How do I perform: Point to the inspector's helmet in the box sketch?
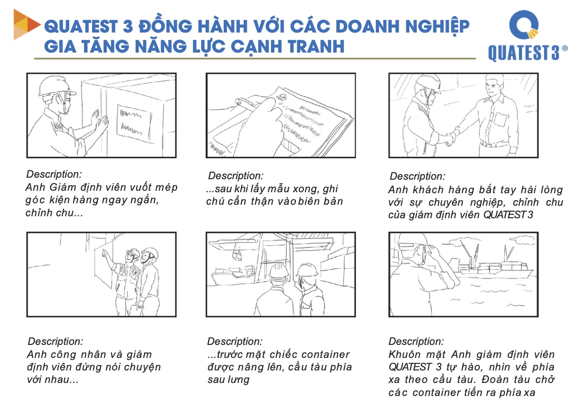56,86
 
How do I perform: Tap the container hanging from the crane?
237,255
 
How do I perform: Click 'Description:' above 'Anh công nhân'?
56,341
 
